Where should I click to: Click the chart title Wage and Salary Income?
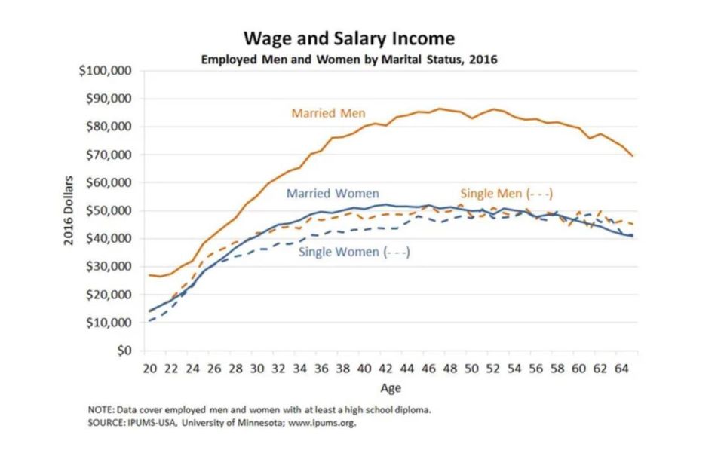(348, 38)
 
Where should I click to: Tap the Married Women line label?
(333, 194)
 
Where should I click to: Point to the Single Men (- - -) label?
(501, 192)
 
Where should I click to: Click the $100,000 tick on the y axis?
(106, 71)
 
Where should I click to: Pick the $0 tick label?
(121, 351)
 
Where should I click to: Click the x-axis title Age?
(390, 388)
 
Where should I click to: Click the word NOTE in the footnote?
(101, 410)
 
